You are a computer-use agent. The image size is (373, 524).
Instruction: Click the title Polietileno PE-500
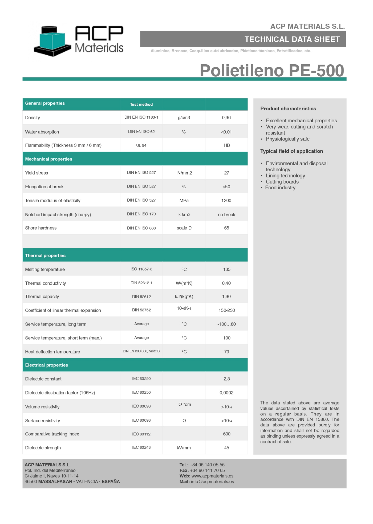pos(272,70)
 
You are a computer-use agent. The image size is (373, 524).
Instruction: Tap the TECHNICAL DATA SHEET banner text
pos(292,39)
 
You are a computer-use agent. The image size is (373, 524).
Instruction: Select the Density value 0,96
pos(226,118)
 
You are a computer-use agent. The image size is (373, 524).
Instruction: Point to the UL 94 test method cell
pos(141,145)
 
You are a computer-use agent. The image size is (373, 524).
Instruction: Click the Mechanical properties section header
pos(49,159)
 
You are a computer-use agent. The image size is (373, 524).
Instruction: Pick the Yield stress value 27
pos(226,173)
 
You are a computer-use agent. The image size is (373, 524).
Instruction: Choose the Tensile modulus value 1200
pos(226,201)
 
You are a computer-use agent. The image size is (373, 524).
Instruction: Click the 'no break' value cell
pos(226,215)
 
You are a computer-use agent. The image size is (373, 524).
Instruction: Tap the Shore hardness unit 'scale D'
pos(184,228)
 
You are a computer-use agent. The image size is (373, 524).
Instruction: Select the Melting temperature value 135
pos(227,269)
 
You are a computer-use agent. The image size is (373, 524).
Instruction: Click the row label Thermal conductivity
pos(46,283)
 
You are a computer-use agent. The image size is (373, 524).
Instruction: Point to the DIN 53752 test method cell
pos(141,310)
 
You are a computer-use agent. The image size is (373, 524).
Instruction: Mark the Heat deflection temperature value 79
pos(226,352)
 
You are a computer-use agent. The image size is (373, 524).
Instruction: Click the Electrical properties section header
pos(47,365)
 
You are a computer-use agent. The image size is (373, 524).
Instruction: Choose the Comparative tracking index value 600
pos(227,434)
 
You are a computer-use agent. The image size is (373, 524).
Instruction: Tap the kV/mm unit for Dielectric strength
pos(184,448)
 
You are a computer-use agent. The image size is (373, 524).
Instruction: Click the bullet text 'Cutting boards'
pos(282,182)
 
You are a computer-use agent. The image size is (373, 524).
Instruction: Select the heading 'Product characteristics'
pos(288,109)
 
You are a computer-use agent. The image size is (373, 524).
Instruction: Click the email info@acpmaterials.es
pos(212,482)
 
